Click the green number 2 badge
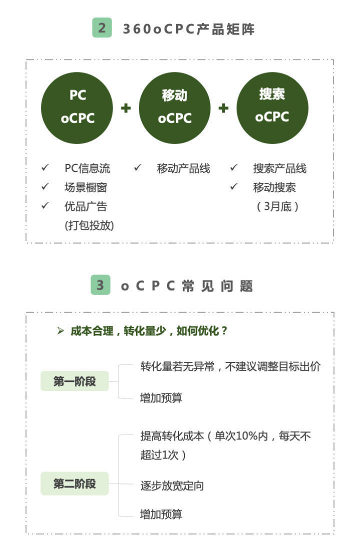pos(102,27)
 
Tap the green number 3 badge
pos(100,285)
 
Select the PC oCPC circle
pos(77,108)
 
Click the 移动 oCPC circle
pos(174,108)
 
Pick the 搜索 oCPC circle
pos(272,108)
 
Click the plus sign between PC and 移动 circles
pos(126,108)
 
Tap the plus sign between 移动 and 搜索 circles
pos(223,108)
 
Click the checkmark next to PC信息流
pos(45,167)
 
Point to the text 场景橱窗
pos(85,187)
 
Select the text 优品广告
pos(85,206)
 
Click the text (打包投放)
pos(89,225)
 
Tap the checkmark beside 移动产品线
pos(137,167)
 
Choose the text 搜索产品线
pos(279,168)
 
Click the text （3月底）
pos(277,206)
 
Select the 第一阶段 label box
pos(74,381)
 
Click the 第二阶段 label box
pos(74,483)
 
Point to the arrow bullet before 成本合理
pos(60,331)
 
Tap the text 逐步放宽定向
pos(172,485)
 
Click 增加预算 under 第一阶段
pos(161,398)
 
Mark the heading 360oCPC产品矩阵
pos(188,29)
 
